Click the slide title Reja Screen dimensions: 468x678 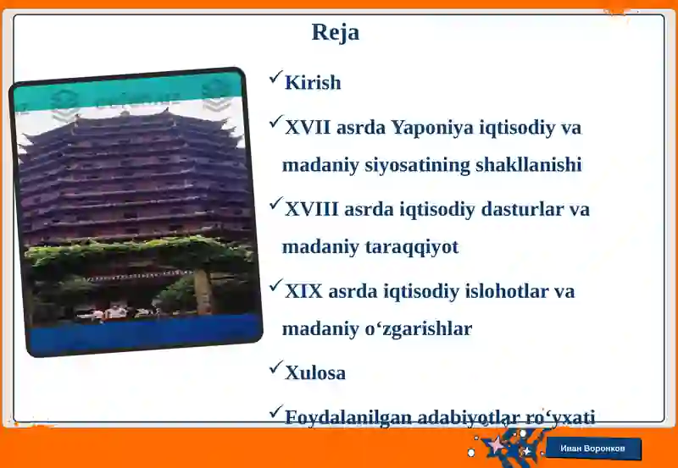click(336, 32)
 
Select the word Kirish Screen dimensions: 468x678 click(313, 83)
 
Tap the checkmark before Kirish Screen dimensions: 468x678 click(275, 79)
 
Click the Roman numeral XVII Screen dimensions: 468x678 click(308, 128)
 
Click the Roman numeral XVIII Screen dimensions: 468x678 click(310, 209)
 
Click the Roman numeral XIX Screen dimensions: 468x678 click(303, 291)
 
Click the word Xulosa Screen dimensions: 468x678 click(315, 372)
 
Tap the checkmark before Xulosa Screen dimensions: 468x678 click(275, 368)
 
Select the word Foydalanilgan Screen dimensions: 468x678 click(344, 416)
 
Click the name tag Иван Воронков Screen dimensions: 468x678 click(593, 449)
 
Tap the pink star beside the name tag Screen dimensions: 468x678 click(494, 444)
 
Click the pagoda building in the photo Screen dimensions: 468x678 click(136, 178)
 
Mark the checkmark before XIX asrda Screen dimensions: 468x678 click(275, 287)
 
